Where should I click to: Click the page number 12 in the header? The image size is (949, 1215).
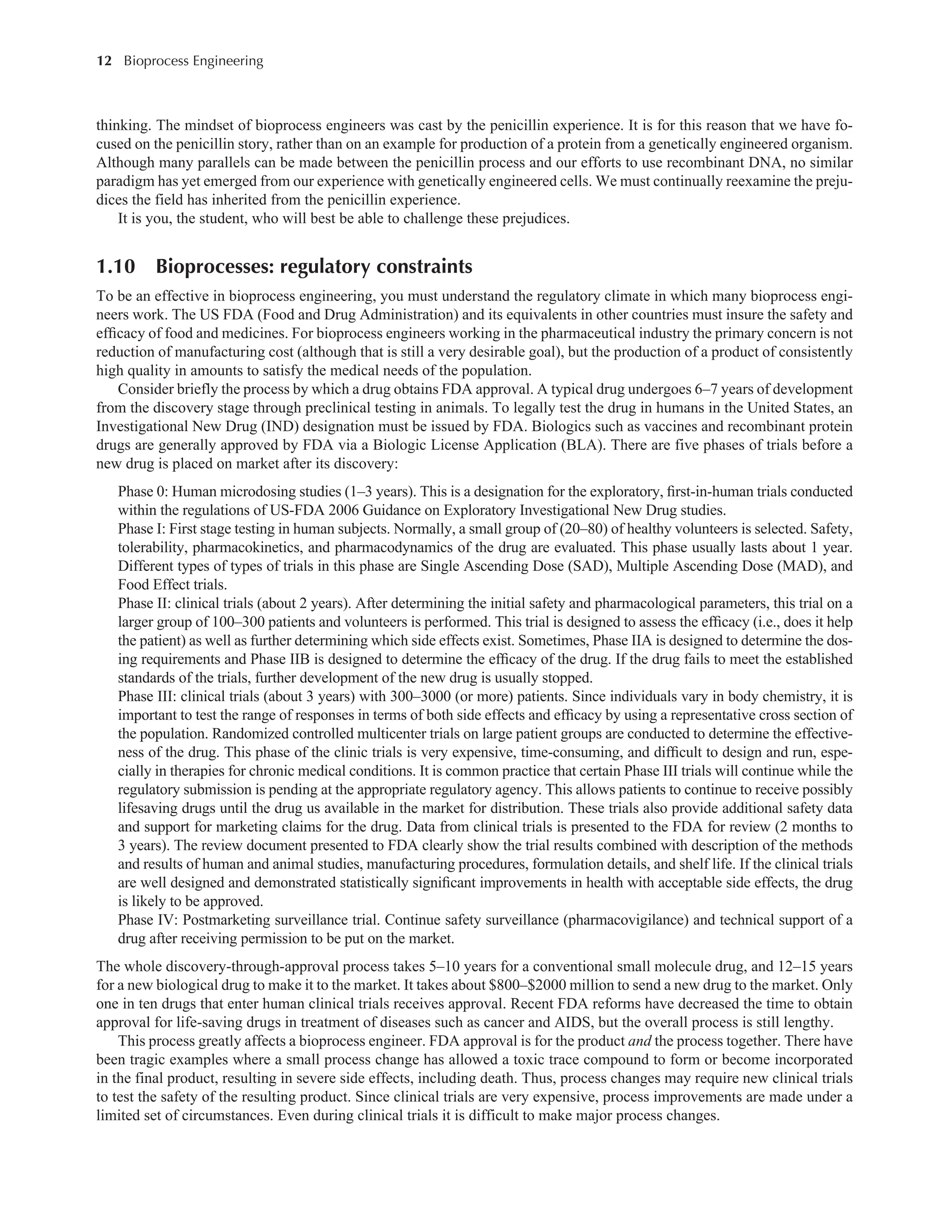[x=104, y=61]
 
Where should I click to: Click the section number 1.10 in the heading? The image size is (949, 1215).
[x=116, y=267]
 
